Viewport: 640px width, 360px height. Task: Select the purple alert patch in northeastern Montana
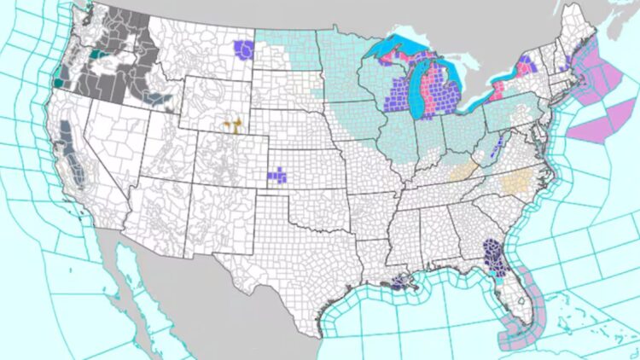pyautogui.click(x=244, y=49)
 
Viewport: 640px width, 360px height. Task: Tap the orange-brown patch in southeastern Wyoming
pyautogui.click(x=231, y=126)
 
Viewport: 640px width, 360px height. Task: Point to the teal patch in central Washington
pyautogui.click(x=94, y=54)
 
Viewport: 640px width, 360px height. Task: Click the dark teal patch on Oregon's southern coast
pyautogui.click(x=57, y=83)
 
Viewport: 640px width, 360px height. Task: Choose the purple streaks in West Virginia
pyautogui.click(x=497, y=147)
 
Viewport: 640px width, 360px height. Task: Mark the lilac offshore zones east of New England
pyautogui.click(x=597, y=102)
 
